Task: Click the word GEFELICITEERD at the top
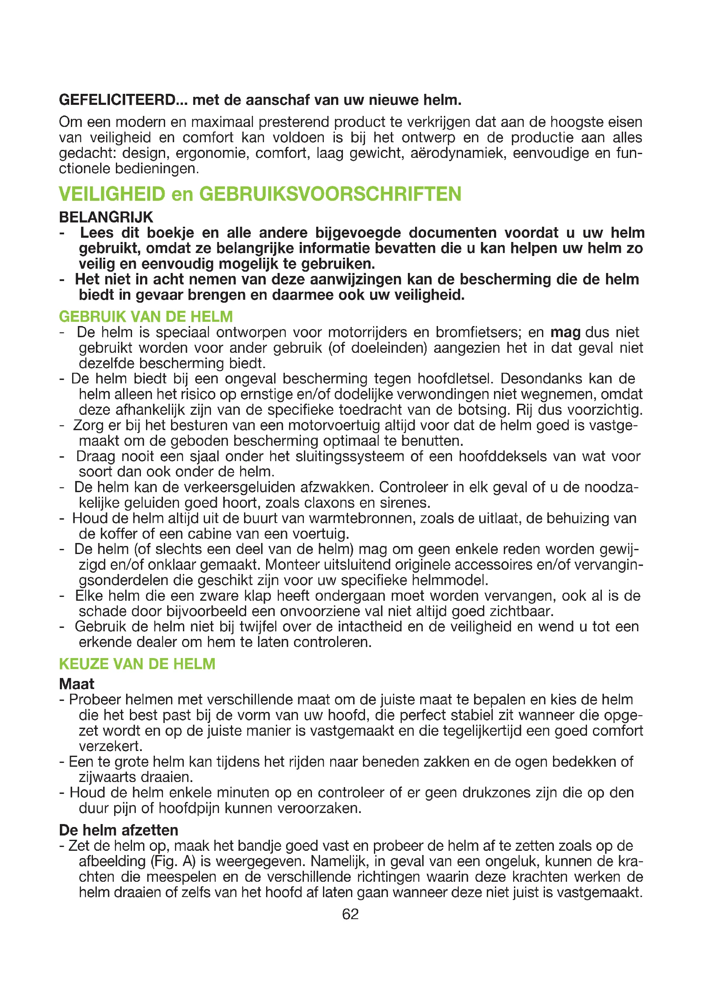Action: pos(117,100)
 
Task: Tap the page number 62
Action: pos(350,914)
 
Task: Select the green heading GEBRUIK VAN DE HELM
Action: pos(146,317)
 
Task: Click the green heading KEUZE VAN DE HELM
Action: pos(137,664)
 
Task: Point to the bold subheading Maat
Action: pos(76,684)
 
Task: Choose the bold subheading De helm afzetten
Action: pos(118,830)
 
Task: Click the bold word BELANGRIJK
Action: pos(106,217)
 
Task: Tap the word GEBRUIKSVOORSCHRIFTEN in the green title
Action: pos(330,194)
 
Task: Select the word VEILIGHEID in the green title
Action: pos(112,194)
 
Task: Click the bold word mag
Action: pos(565,332)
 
